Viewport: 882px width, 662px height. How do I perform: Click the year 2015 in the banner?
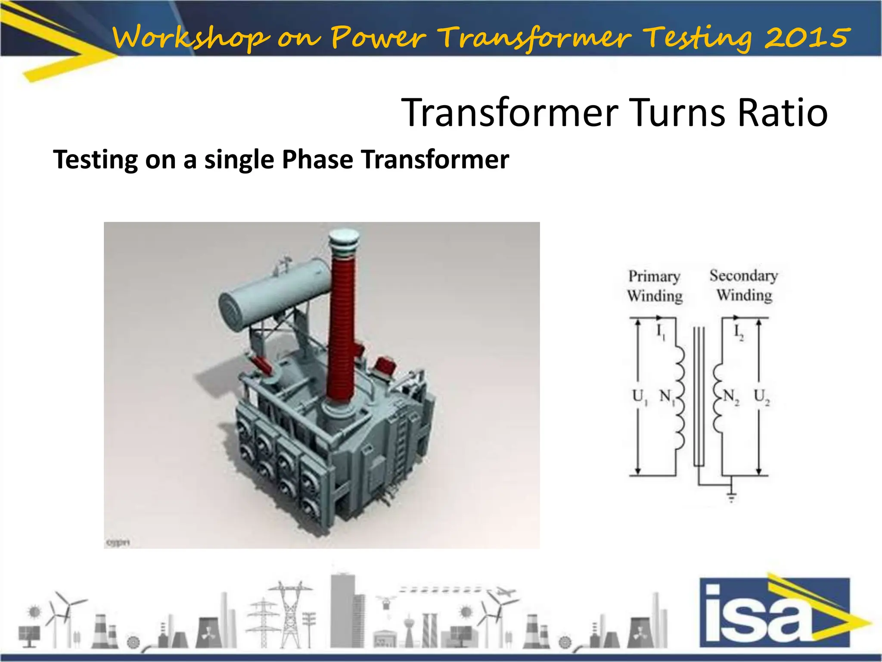pos(807,37)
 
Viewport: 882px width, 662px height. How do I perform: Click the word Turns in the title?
pos(678,113)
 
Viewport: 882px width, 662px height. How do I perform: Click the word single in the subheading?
pos(239,160)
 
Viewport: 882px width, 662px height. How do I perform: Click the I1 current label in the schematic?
pos(660,332)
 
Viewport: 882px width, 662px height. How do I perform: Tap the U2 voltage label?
pos(761,396)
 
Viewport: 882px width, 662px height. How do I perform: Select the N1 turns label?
pos(667,396)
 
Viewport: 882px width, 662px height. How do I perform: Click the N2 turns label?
pos(730,396)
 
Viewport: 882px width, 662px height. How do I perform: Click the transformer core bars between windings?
pos(699,397)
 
